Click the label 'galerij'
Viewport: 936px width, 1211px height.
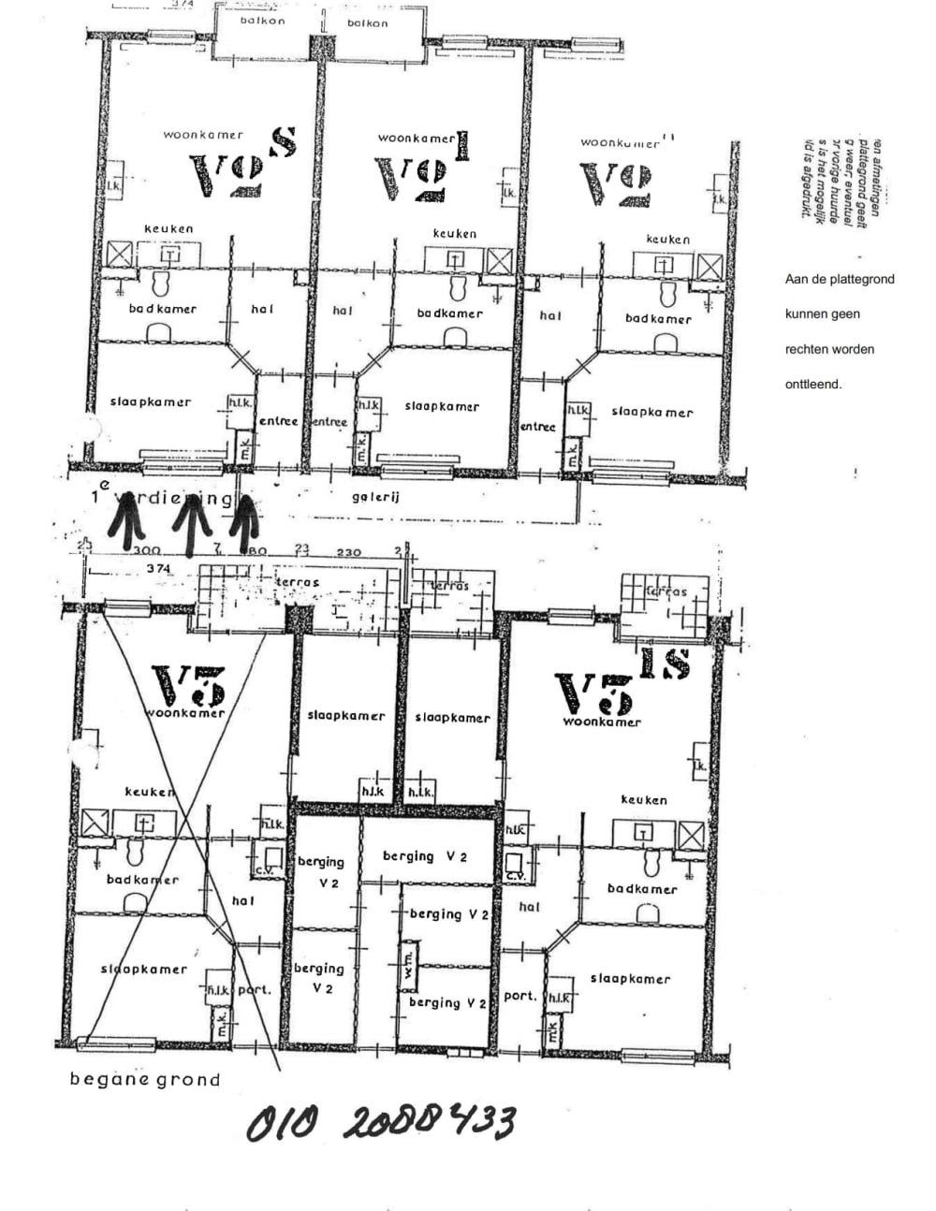[x=375, y=497]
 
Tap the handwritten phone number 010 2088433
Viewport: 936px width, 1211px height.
[x=381, y=1121]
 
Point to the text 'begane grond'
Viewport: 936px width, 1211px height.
[x=145, y=1079]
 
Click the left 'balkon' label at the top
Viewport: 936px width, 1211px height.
[x=262, y=21]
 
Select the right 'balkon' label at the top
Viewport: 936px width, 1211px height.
[x=367, y=23]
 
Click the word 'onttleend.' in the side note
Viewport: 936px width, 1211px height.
[x=812, y=384]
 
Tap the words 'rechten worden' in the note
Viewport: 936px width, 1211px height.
[x=829, y=349]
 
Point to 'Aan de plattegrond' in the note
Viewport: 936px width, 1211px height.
[x=840, y=279]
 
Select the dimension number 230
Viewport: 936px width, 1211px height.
[x=348, y=552]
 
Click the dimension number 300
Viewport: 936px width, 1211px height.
[x=147, y=551]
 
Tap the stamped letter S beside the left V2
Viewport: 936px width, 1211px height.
[x=283, y=141]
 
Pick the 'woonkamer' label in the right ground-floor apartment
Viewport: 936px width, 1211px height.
[x=602, y=722]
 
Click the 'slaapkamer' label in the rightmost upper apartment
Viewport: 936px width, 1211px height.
[x=651, y=412]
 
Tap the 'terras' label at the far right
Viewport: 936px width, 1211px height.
[x=666, y=591]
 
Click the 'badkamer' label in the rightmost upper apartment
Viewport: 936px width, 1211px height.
[x=658, y=318]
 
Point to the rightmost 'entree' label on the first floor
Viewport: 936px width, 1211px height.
[x=537, y=427]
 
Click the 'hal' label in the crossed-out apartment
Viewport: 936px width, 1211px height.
[x=242, y=900]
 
